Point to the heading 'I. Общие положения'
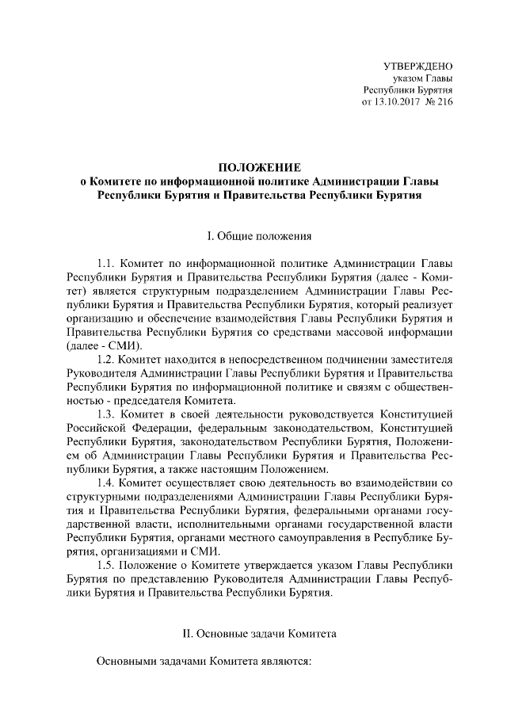point(259,235)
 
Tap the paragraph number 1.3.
point(106,414)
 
